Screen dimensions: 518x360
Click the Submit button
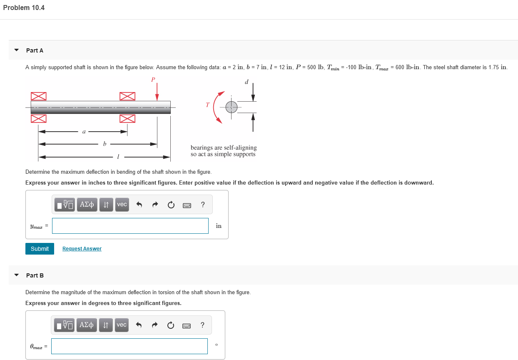[40, 249]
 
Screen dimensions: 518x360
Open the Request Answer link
[82, 248]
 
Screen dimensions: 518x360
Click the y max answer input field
[130, 226]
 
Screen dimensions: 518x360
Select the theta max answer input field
[129, 346]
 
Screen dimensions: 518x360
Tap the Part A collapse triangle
[16, 50]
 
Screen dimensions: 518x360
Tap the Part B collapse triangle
[16, 275]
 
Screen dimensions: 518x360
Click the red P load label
[153, 80]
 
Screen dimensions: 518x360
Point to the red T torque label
[208, 105]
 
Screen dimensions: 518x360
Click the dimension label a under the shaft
[84, 132]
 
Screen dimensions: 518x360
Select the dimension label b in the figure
[105, 144]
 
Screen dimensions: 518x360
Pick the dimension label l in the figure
[118, 157]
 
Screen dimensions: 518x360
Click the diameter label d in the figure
[247, 82]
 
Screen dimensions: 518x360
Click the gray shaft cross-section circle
[231, 107]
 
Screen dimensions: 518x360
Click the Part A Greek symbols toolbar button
[87, 205]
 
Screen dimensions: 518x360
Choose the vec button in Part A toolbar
[122, 205]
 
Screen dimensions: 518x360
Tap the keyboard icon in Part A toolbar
[187, 205]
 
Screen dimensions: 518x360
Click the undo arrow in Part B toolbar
[139, 325]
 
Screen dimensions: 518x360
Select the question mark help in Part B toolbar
[202, 325]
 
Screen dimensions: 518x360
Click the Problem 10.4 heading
[24, 7]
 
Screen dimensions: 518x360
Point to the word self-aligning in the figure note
[241, 147]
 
